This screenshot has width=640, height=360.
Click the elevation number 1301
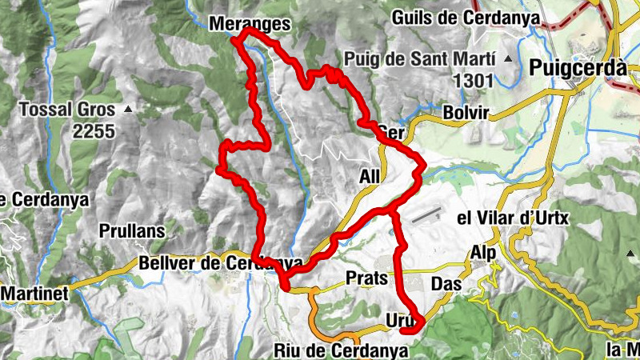[x=474, y=80]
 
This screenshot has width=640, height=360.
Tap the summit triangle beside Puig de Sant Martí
[x=507, y=58]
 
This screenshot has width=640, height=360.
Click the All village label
[x=370, y=176]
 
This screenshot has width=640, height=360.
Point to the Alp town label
[x=482, y=253]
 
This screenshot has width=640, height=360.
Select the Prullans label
[x=132, y=231]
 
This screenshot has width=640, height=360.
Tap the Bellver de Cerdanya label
[x=220, y=262]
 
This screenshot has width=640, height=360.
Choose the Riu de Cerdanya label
[x=341, y=350]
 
